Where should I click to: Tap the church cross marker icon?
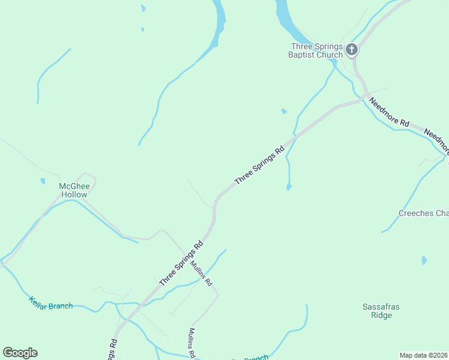(352, 50)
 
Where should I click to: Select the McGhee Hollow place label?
(73, 190)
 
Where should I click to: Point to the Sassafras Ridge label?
(381, 311)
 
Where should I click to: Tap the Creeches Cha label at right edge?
(423, 214)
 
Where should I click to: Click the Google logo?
(20, 353)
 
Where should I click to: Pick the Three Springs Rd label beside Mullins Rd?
(181, 263)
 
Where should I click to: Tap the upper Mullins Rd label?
(202, 272)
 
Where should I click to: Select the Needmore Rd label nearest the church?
(389, 112)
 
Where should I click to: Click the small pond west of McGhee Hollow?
(43, 181)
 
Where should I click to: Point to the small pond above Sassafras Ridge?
(424, 260)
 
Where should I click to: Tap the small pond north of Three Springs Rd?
(284, 111)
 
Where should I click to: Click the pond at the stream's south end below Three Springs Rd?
(289, 188)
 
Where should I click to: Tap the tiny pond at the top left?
(143, 8)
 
